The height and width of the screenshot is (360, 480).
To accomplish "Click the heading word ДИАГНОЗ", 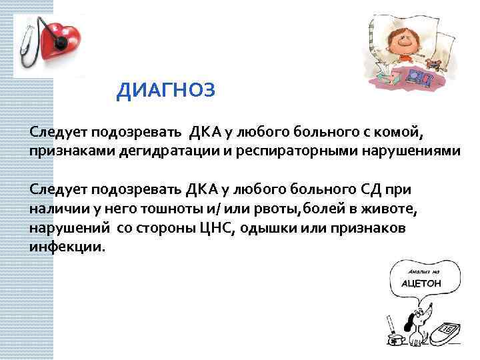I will click(x=166, y=91).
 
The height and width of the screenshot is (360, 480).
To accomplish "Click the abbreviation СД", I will click(x=367, y=190).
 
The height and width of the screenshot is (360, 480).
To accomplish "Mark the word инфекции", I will click(x=67, y=248).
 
